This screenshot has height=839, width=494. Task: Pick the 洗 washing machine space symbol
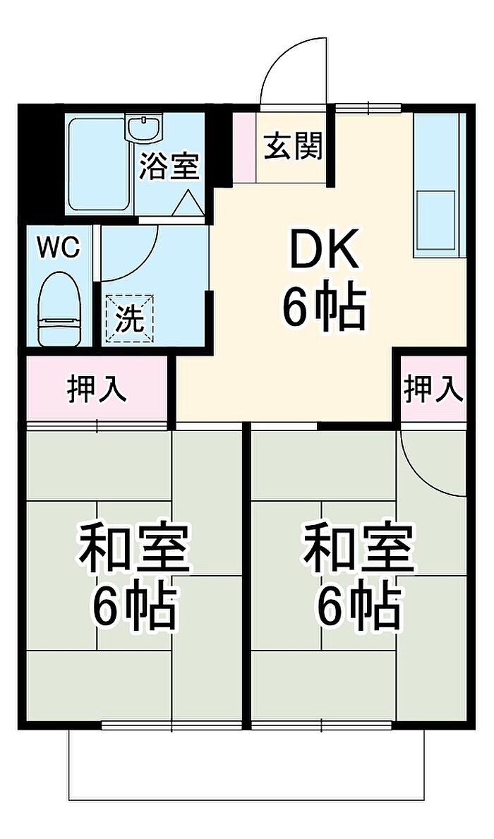pyautogui.click(x=129, y=320)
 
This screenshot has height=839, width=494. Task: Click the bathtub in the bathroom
pyautogui.click(x=100, y=164)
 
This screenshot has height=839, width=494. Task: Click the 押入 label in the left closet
pyautogui.click(x=97, y=388)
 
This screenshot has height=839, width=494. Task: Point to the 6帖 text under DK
pyautogui.click(x=324, y=308)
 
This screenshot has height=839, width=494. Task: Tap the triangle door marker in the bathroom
pyautogui.click(x=187, y=203)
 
